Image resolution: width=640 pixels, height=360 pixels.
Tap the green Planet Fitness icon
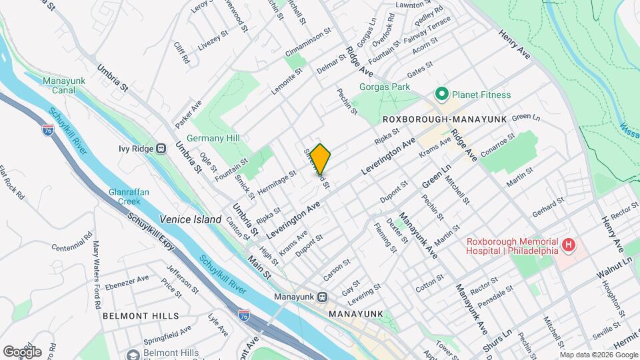click(441, 95)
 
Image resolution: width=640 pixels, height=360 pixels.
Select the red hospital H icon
click(568, 246)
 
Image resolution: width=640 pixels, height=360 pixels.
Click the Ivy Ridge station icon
click(161, 149)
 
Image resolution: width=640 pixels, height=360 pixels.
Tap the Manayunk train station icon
click(322, 297)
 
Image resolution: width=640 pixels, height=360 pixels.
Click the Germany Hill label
click(213, 138)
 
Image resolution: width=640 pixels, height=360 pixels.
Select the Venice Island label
click(190, 219)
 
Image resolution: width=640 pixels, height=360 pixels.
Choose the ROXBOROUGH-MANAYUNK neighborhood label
click(445, 119)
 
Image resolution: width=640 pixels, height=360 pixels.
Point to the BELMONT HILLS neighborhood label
click(140, 315)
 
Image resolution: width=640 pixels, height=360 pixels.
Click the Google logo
click(21, 351)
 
